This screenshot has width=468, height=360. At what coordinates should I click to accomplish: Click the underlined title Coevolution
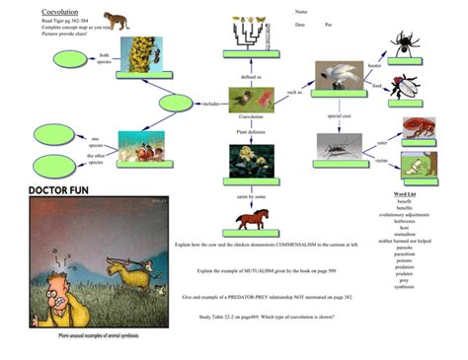point(61,13)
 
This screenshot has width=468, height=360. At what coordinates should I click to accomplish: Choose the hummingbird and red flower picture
point(251,98)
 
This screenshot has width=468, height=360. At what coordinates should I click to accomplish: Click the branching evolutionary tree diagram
point(253,32)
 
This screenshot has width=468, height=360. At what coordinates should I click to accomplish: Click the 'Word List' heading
point(404,194)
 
